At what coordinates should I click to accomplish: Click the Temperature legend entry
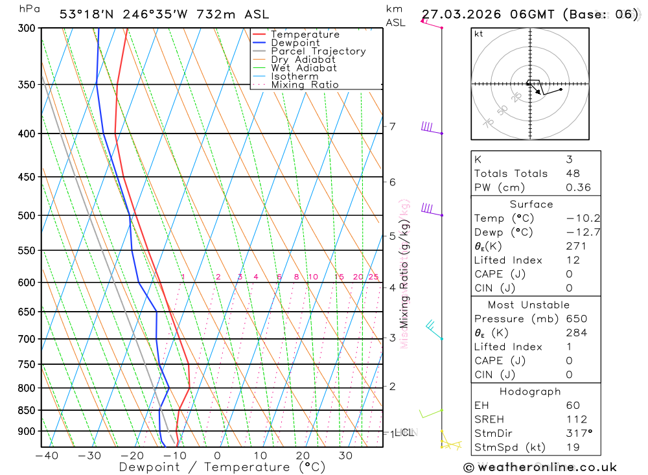tap(305, 34)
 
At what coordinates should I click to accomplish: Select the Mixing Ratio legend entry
tap(305, 85)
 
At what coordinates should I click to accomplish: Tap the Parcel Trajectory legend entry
tap(318, 51)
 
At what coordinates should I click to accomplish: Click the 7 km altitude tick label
tap(393, 126)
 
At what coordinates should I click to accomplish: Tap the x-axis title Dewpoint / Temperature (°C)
tap(213, 467)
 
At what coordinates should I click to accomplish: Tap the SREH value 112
tap(576, 419)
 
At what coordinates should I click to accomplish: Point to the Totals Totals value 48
tap(572, 173)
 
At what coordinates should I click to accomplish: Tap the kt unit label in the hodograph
tap(479, 34)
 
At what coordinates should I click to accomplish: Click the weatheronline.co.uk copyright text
tap(540, 467)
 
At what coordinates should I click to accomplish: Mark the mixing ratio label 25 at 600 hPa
tap(373, 277)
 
